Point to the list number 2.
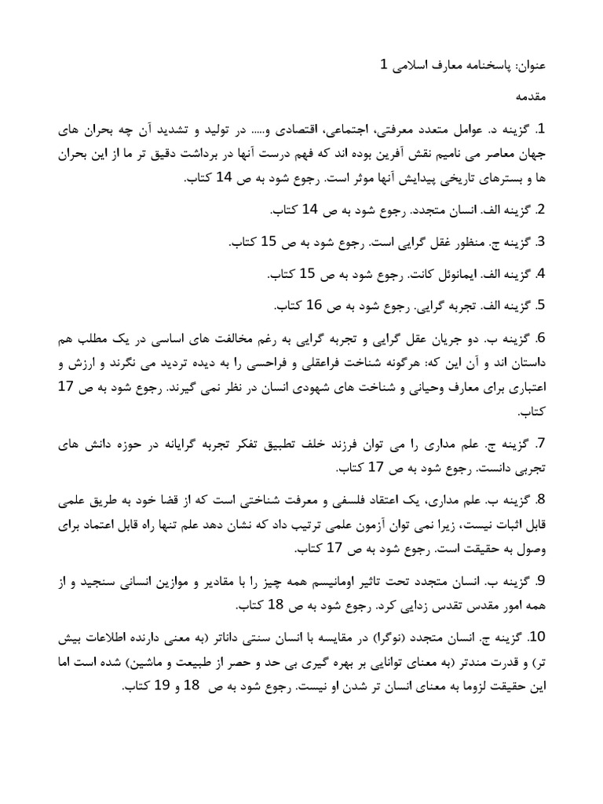coord(540,211)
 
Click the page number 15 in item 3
coord(268,243)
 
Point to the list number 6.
coord(540,340)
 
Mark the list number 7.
coord(540,447)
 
